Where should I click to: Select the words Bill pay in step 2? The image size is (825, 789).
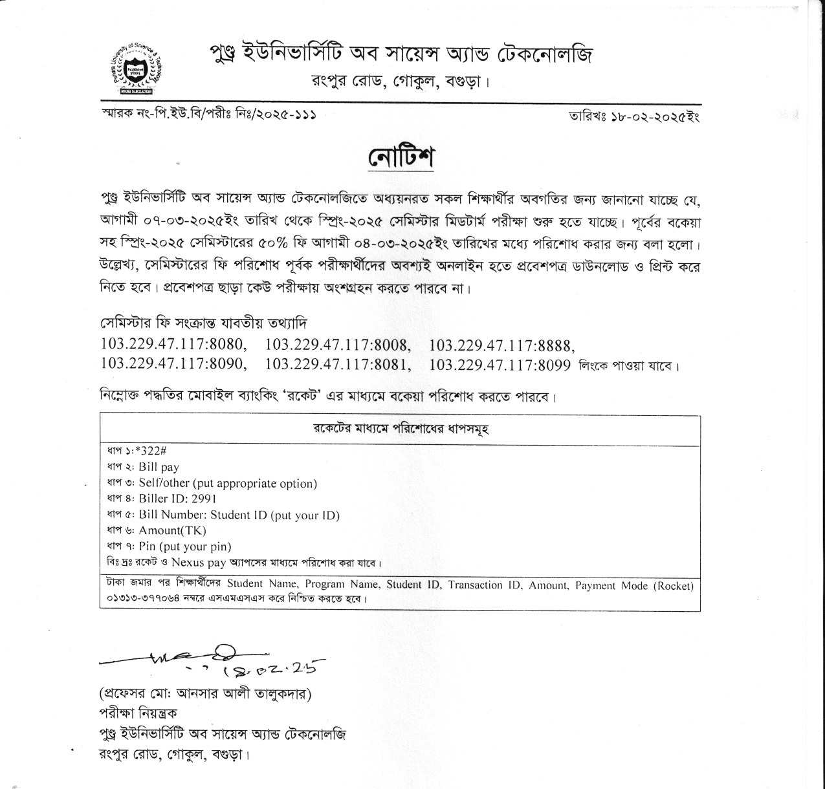coord(159,467)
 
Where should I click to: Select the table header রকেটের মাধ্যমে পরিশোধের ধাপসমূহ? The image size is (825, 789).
coord(400,430)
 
